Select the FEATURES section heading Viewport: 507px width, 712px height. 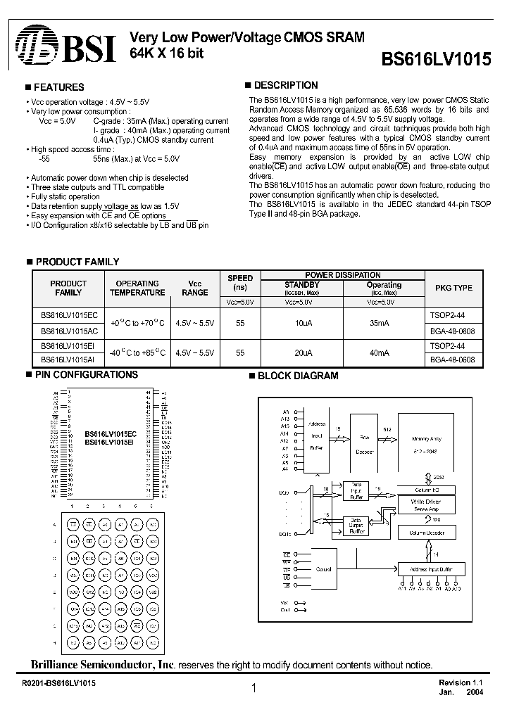pos(59,87)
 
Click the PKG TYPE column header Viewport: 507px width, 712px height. pos(454,288)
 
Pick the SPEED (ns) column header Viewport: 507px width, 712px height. pos(240,283)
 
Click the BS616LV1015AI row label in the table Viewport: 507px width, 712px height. pos(68,359)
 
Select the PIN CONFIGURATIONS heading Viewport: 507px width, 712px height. pos(87,375)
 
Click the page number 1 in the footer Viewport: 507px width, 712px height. pos(253,690)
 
